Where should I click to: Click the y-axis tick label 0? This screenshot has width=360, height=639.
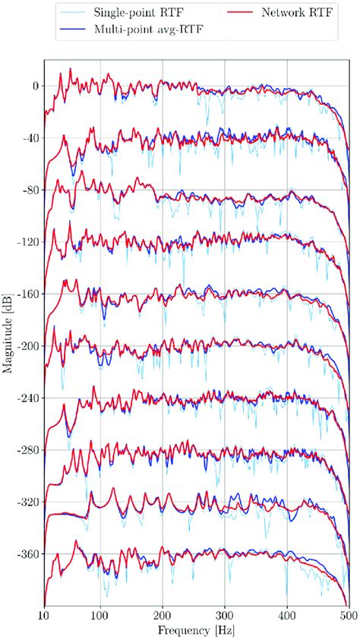pos(34,86)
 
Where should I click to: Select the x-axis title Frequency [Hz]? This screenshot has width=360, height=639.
pos(196,629)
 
